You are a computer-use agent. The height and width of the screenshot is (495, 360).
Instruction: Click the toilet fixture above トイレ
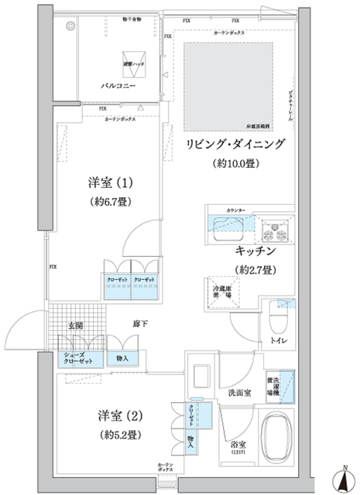277,317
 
